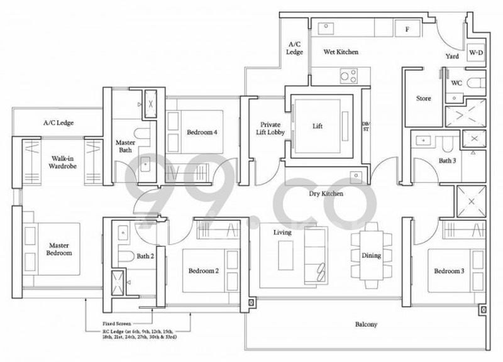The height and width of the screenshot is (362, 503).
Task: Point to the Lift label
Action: pyautogui.click(x=318, y=126)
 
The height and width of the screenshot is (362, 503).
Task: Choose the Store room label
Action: pyautogui.click(x=423, y=99)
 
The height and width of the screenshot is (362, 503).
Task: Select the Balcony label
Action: pyautogui.click(x=365, y=324)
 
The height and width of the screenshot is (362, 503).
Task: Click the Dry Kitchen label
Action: pyautogui.click(x=326, y=194)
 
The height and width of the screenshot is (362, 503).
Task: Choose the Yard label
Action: pyautogui.click(x=451, y=56)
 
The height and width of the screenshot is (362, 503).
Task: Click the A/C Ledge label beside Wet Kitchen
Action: pyautogui.click(x=296, y=48)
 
